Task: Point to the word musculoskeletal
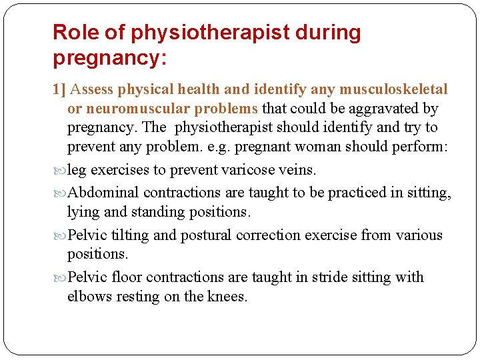(x=393, y=89)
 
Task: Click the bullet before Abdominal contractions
(x=59, y=193)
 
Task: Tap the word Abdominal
(x=103, y=193)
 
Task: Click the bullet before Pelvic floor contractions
(x=59, y=278)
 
